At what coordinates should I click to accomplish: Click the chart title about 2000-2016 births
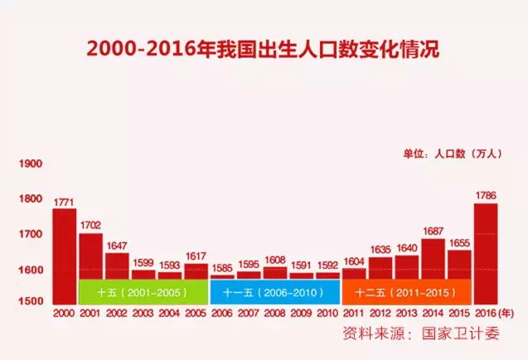(264, 47)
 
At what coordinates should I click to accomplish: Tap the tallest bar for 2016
(486, 252)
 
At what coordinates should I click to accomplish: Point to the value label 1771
(64, 202)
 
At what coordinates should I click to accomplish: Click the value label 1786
(486, 196)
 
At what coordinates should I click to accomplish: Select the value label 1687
(433, 232)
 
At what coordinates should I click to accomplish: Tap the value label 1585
(222, 268)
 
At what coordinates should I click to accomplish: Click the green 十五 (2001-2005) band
(143, 292)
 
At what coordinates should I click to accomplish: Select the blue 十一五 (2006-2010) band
(274, 292)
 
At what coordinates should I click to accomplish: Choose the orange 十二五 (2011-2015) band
(406, 292)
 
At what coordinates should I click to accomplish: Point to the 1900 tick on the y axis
(29, 163)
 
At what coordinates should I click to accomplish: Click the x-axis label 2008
(274, 314)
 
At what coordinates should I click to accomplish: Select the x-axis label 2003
(143, 314)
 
